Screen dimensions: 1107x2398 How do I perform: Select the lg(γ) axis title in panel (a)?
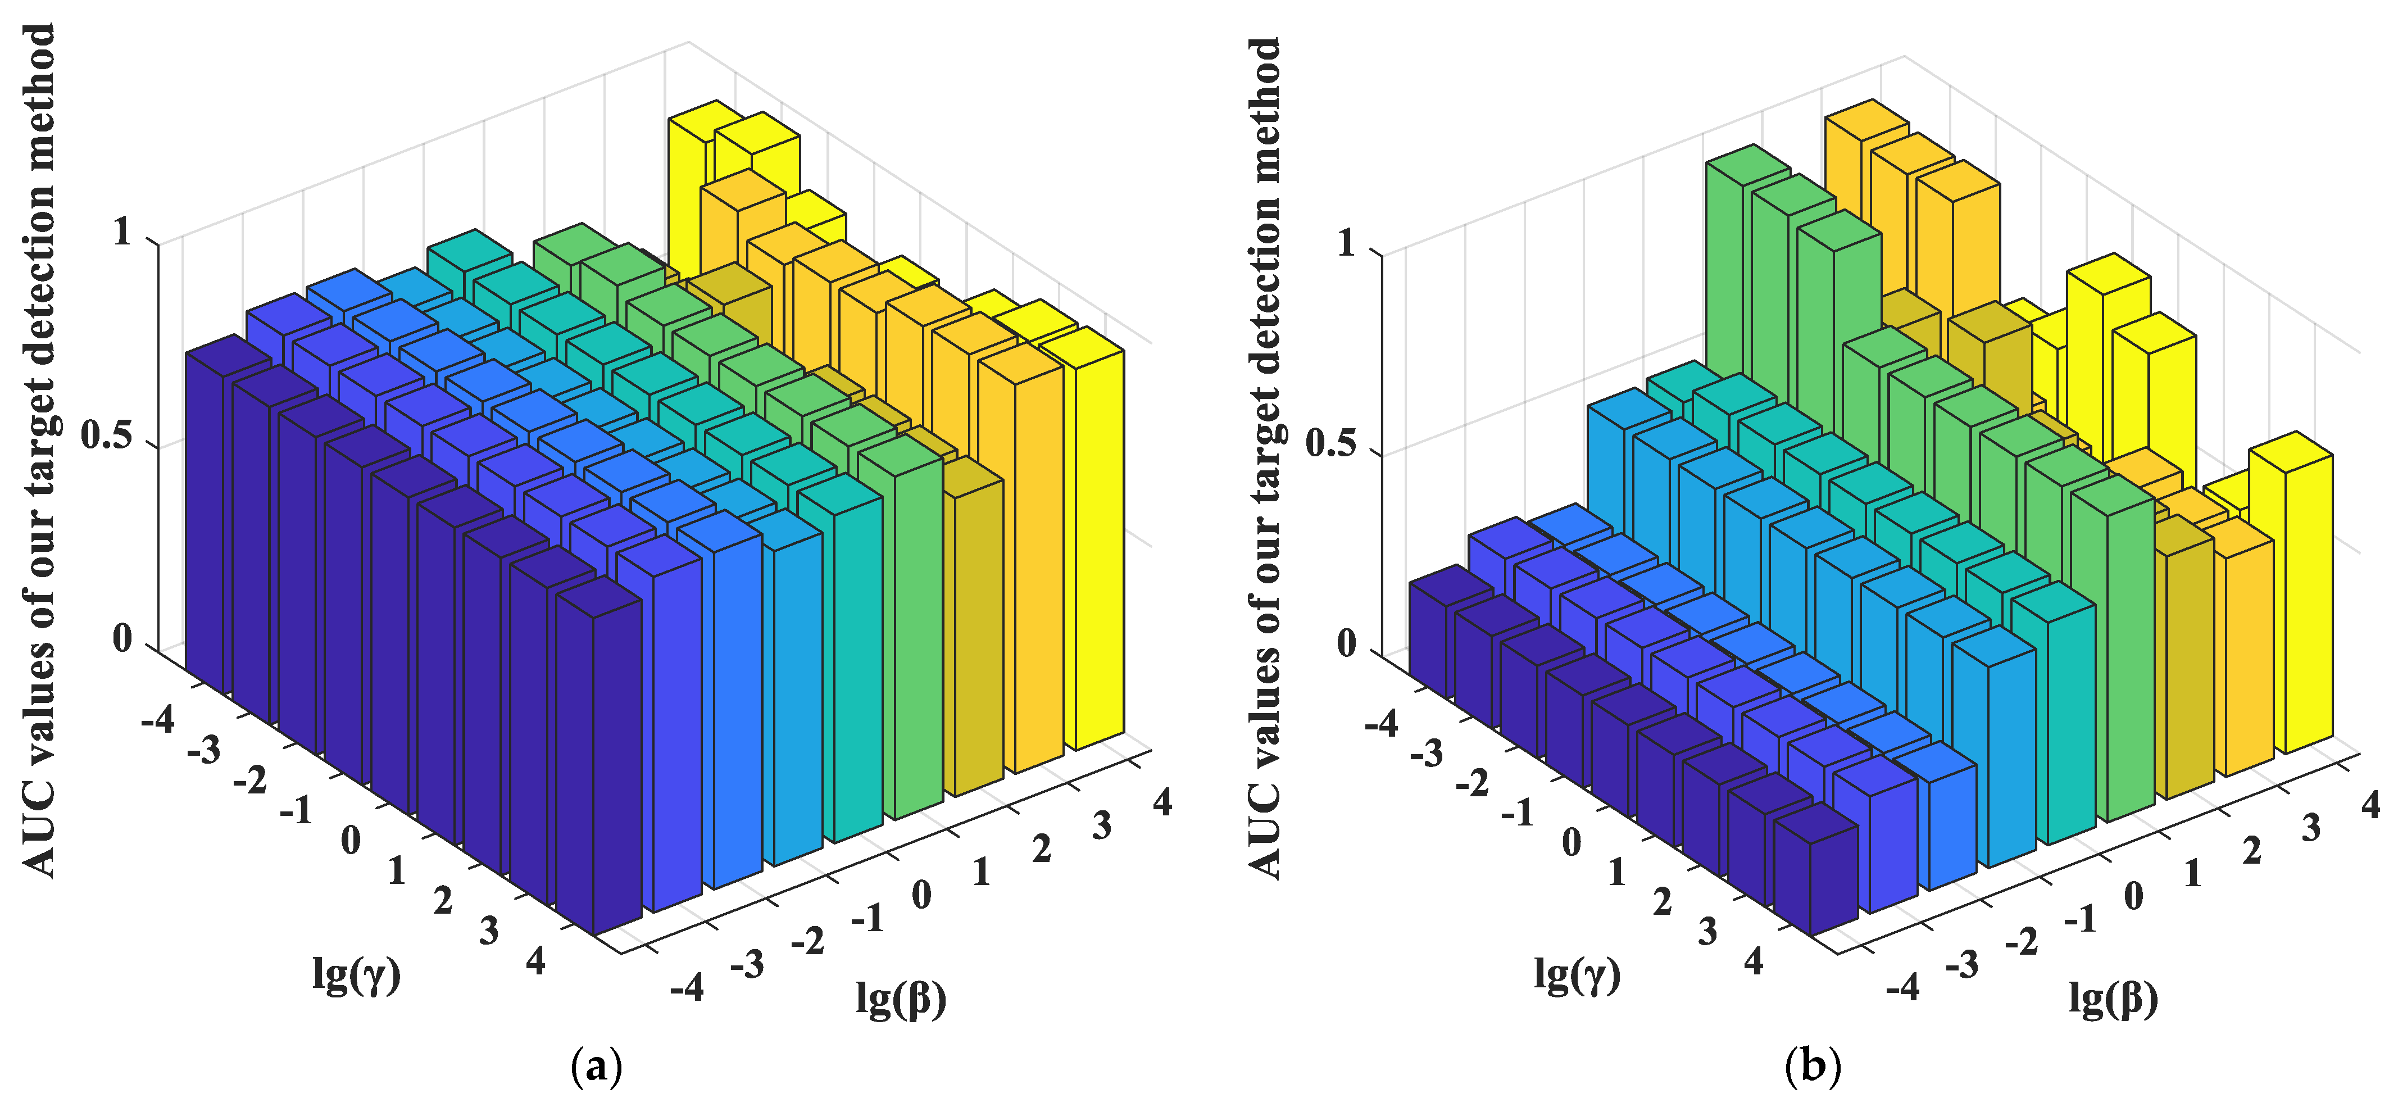357,975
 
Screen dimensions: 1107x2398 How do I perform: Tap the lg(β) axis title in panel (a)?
900,999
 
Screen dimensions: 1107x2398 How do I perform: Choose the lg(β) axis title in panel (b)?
2113,999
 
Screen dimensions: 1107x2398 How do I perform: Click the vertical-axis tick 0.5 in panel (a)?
106,435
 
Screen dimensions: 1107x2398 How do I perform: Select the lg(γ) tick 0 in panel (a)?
350,841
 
